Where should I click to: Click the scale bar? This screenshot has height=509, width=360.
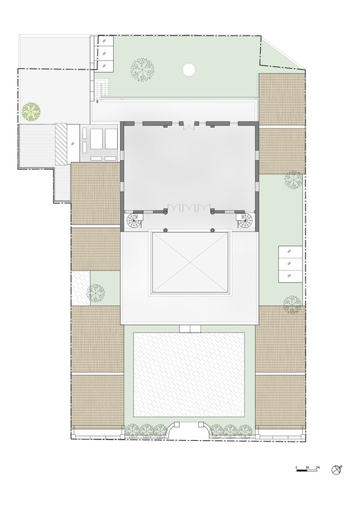coord(304,469)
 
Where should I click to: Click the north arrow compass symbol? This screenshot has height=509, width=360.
coord(336,469)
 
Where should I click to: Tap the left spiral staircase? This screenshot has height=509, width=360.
coord(133,221)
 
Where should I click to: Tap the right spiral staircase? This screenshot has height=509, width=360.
coord(245,221)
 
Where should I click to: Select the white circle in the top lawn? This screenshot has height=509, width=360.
coord(189,69)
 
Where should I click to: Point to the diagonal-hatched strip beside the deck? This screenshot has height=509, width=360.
coord(61,142)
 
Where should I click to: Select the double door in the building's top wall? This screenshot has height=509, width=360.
coord(189,126)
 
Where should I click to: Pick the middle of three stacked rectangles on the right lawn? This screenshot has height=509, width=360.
coord(290,263)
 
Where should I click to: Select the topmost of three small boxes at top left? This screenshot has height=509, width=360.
coord(106,40)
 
